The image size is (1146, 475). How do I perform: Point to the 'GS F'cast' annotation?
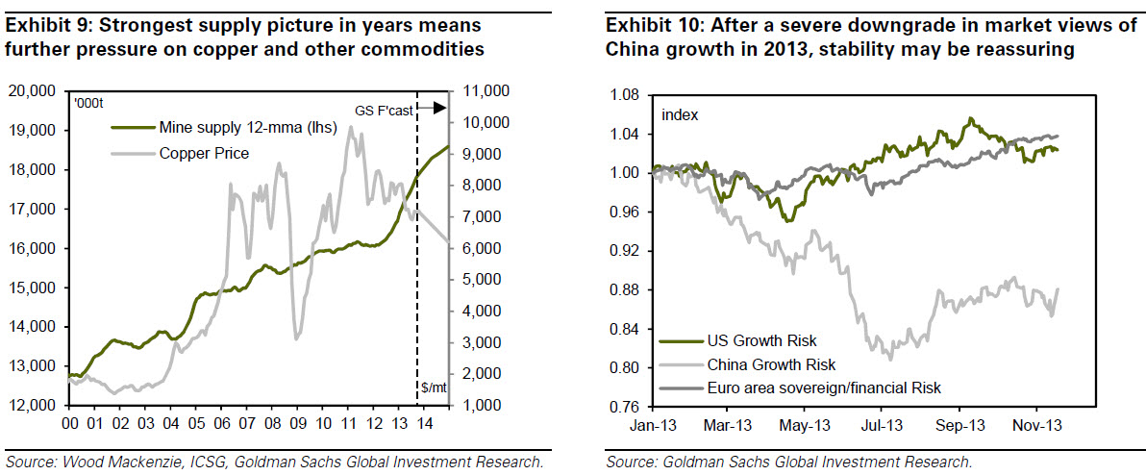coord(384,111)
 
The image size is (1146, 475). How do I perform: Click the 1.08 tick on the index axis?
coord(626,95)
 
